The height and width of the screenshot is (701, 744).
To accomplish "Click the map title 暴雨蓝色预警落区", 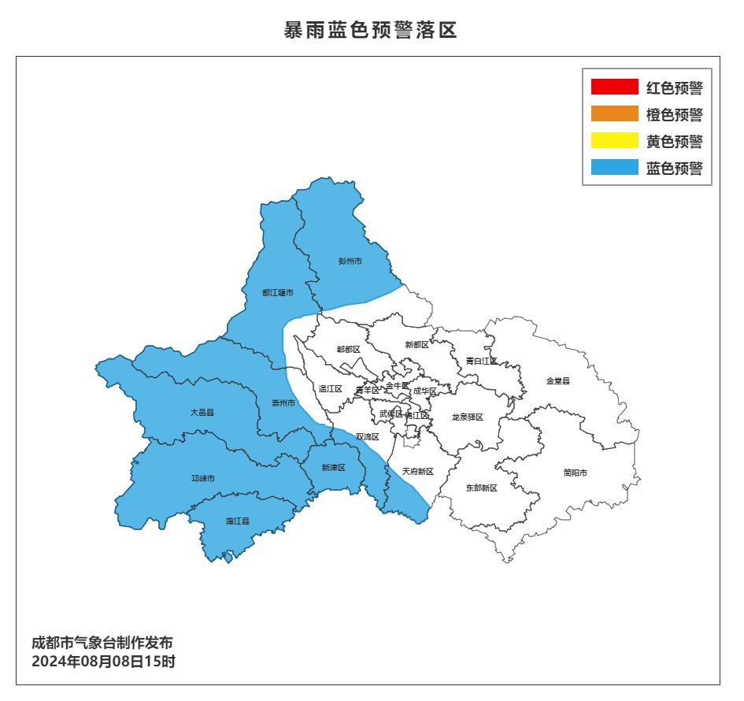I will (x=370, y=31).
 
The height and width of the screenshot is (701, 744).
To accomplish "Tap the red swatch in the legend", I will (x=614, y=87).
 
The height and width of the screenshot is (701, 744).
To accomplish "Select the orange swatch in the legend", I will (x=614, y=114).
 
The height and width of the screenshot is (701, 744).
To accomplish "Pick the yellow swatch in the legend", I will (x=614, y=141).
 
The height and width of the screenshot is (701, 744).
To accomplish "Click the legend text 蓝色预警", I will (x=674, y=168).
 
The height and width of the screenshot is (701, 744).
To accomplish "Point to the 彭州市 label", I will (x=350, y=261).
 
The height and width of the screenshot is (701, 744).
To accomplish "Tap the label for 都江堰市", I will (x=278, y=293).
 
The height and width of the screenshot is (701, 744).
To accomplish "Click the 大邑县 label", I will (x=202, y=412).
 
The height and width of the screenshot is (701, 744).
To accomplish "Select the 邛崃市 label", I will (x=203, y=478).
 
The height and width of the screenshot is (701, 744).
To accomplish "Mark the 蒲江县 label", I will (x=237, y=521).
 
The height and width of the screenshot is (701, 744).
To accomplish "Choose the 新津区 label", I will (x=333, y=468).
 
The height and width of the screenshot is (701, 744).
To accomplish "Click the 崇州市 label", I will (x=283, y=402).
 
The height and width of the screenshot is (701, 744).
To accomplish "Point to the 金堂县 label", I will (x=557, y=380).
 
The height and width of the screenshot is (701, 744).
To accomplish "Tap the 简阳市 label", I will (x=575, y=473).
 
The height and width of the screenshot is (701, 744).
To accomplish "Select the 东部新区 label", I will (x=481, y=488).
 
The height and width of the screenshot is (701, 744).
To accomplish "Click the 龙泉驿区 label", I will (x=467, y=417).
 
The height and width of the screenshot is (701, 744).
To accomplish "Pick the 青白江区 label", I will (x=481, y=361).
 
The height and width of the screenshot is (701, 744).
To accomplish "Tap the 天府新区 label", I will (x=418, y=472).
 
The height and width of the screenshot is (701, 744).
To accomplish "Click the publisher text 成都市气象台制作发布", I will (x=102, y=643).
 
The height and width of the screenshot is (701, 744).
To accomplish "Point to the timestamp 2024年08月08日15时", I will (x=103, y=662).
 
